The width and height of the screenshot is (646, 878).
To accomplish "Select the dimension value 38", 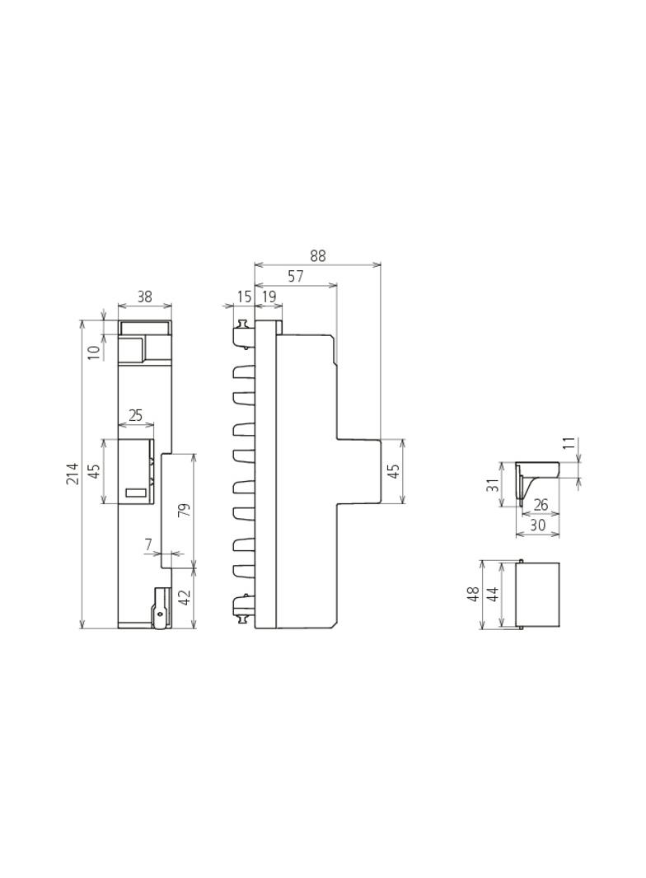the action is [x=144, y=297].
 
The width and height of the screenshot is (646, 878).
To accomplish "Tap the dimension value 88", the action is [x=318, y=255].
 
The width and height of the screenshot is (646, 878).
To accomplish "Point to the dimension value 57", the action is [x=296, y=276].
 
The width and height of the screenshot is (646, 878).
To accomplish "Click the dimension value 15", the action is [x=244, y=297].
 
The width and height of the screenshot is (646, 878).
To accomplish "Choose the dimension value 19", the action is [x=269, y=297].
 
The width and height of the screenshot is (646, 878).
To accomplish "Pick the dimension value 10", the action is [x=94, y=352].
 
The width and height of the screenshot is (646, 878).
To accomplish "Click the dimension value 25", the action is [x=136, y=415].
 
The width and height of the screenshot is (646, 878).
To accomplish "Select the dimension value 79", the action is [x=185, y=510].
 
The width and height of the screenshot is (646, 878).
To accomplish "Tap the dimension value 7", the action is [x=148, y=544].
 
